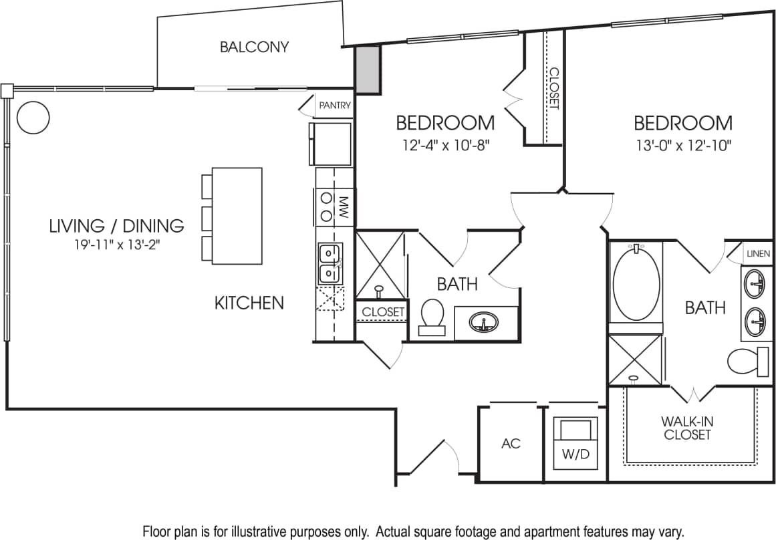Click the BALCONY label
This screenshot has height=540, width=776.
[254, 47]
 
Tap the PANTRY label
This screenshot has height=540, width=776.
[334, 106]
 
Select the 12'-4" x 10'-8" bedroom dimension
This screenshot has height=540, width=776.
[445, 145]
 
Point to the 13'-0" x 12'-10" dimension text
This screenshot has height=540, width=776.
[682, 145]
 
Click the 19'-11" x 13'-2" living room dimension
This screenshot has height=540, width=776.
[116, 245]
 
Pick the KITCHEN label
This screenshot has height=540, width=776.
[249, 303]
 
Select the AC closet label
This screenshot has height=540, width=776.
[511, 444]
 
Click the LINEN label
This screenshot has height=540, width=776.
[758, 254]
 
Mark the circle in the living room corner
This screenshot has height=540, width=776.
[33, 118]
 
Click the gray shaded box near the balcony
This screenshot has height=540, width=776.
[367, 70]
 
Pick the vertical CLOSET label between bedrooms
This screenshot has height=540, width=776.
[553, 88]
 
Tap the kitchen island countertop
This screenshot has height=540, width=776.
[237, 215]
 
